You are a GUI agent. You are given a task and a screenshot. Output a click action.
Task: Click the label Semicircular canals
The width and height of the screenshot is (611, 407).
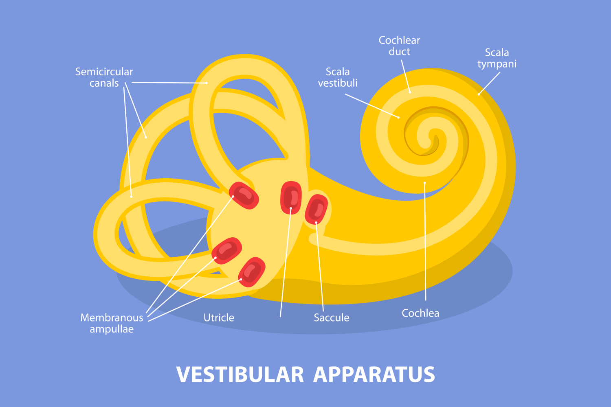click(104, 77)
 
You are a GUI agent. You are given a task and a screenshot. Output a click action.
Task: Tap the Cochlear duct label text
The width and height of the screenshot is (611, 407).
click(399, 46)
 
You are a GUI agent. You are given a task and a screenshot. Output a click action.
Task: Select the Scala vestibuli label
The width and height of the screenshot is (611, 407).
click(338, 77)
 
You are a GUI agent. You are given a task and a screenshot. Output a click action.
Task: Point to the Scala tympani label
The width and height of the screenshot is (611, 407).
click(497, 58)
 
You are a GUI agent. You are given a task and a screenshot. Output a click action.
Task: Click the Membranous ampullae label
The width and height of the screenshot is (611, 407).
click(112, 323)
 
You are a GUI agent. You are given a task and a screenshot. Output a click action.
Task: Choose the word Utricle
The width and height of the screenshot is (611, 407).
click(219, 318)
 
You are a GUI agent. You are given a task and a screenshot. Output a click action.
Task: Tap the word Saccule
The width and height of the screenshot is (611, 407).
click(331, 318)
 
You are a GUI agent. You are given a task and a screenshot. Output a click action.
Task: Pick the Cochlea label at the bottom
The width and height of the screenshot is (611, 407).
click(420, 313)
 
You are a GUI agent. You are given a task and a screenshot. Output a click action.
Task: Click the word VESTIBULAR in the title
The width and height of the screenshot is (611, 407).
click(240, 375)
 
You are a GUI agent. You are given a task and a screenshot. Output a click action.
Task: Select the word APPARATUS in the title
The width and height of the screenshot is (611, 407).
click(374, 375)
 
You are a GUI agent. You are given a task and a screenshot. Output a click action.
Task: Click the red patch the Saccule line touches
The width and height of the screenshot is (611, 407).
click(316, 209)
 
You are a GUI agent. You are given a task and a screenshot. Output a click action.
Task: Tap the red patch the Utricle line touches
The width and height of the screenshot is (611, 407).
click(291, 198)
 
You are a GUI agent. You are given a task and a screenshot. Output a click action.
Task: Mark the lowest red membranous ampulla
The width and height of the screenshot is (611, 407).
click(252, 272)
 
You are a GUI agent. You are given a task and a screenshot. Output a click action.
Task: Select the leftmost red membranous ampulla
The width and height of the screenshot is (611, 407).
click(226, 250)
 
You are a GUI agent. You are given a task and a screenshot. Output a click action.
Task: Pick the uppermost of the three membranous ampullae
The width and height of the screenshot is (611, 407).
click(244, 195)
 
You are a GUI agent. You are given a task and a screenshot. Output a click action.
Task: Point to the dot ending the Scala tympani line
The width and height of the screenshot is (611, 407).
click(479, 94)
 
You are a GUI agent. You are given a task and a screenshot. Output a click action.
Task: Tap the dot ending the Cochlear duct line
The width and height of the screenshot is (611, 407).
click(410, 92)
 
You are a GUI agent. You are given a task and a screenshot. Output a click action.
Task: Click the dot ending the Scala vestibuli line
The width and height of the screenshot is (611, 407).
click(399, 118)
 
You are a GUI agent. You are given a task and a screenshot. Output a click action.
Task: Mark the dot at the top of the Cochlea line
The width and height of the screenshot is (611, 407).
click(424, 183)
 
